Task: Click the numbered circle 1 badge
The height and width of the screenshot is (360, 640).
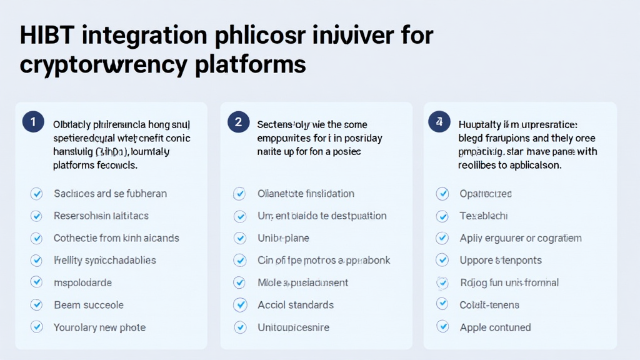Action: coord(33,122)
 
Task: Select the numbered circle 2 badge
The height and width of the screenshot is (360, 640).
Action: coord(238,122)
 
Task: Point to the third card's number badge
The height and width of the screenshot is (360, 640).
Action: coord(439,122)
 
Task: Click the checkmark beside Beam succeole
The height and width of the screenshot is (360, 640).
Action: coord(36,305)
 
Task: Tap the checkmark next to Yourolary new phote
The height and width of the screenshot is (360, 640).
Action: coord(36,327)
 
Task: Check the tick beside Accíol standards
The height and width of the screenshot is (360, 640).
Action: coord(239,305)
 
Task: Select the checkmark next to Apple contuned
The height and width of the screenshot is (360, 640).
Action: coord(442,326)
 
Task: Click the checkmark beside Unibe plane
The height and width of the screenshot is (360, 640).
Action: coord(239,238)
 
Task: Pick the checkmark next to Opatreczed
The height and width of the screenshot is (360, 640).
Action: coord(442,194)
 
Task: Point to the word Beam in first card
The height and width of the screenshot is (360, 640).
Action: coord(66,305)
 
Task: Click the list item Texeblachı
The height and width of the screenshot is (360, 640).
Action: coord(484,216)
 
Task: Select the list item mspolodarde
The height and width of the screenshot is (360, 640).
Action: coord(82,282)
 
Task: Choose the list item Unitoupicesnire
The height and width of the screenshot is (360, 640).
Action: coord(293,327)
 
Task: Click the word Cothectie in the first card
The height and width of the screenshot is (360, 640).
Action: coord(75,238)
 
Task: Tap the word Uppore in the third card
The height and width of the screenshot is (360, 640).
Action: coord(476,260)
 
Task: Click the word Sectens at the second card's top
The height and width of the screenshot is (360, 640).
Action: coord(275,124)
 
